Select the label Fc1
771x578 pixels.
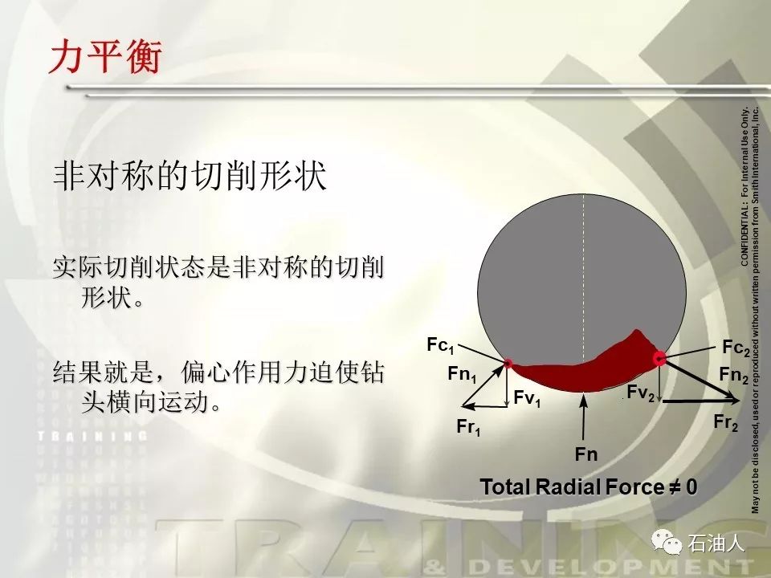[x=440, y=345]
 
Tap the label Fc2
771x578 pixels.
[x=736, y=348]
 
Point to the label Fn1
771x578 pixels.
[x=462, y=375]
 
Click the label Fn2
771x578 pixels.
[x=733, y=375]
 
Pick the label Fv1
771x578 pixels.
[x=527, y=397]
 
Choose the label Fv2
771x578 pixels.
[x=641, y=393]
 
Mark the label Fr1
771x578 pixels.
[x=468, y=426]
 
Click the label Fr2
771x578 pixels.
[x=726, y=422]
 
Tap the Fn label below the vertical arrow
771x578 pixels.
[x=586, y=454]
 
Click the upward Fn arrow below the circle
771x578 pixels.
[x=584, y=417]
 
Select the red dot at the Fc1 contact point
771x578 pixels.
[x=508, y=364]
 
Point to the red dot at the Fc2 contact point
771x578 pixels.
[x=659, y=358]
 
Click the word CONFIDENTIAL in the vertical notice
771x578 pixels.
[x=744, y=239]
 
